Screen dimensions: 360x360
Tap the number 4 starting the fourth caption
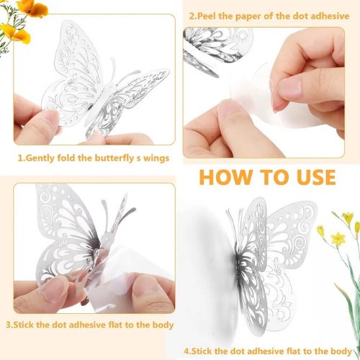(x=186, y=351)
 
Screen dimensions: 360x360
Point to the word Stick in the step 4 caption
(x=204, y=351)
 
